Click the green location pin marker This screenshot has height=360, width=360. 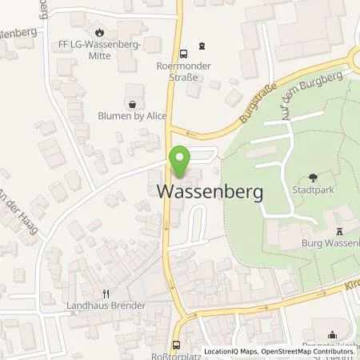tap(180, 162)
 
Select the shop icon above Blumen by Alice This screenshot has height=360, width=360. tap(130, 103)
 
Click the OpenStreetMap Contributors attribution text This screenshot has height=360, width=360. tap(313, 351)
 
